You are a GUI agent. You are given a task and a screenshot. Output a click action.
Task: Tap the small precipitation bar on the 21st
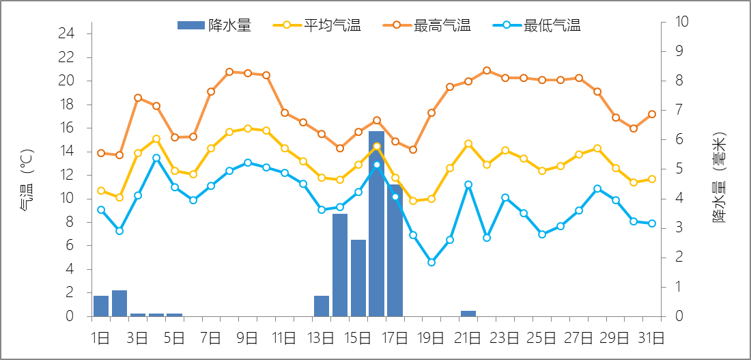point(468,314)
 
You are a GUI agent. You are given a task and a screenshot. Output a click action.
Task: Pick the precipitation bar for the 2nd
point(119,303)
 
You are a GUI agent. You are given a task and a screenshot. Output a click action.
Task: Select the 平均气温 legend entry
point(317,26)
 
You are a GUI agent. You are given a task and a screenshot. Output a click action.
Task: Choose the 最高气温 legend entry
point(427,26)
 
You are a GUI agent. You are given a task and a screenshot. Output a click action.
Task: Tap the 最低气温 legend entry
point(537,26)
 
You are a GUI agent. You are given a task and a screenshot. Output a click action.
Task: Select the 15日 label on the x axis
point(358,337)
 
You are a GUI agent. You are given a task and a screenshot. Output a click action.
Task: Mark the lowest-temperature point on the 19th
point(431,262)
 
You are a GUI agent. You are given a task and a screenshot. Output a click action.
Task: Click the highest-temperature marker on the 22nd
point(487,70)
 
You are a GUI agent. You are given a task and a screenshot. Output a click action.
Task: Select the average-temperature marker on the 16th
point(376,146)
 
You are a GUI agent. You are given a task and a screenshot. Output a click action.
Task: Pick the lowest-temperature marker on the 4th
point(156,158)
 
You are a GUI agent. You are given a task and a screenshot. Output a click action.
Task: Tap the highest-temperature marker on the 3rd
point(138,98)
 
